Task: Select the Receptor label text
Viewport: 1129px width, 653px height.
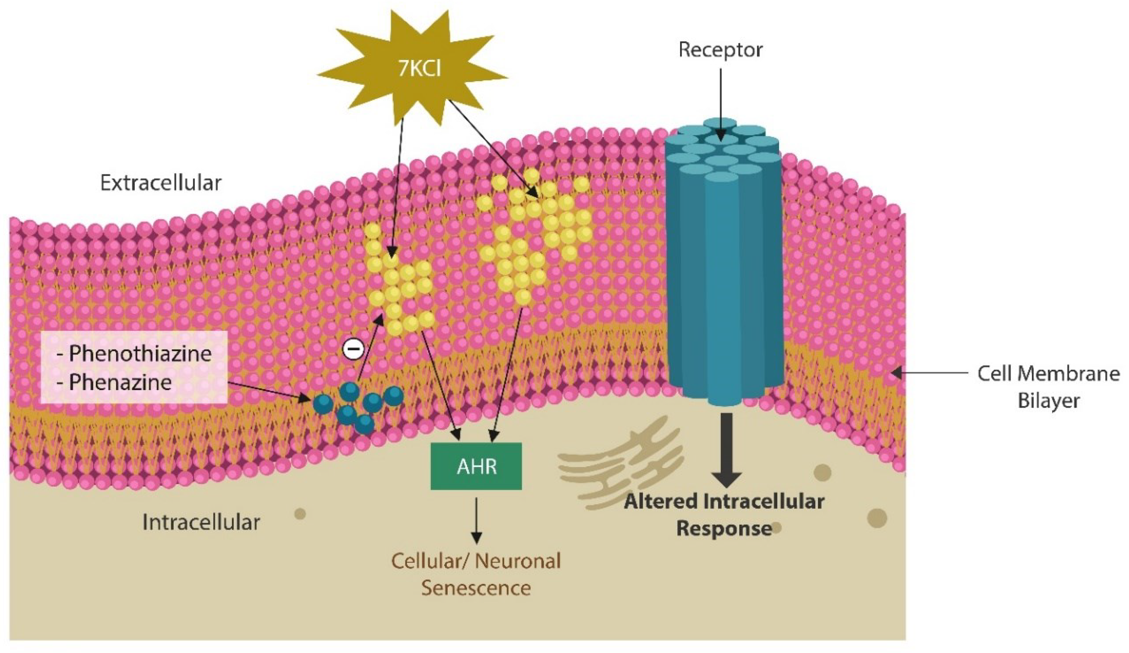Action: [x=720, y=50]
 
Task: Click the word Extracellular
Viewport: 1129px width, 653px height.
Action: [x=160, y=183]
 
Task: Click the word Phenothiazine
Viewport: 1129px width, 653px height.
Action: [x=140, y=353]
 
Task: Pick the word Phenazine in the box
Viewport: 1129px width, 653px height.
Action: [x=120, y=382]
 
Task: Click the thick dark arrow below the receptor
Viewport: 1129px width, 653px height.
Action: [x=727, y=448]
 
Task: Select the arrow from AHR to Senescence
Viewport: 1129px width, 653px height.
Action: [x=477, y=520]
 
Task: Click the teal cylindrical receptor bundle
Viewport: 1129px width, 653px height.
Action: [x=722, y=269]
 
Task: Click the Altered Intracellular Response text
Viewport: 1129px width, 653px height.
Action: [x=724, y=515]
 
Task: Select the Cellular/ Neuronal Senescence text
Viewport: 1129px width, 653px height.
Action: [x=476, y=574]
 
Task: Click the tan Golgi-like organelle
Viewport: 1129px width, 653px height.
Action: [x=623, y=466]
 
